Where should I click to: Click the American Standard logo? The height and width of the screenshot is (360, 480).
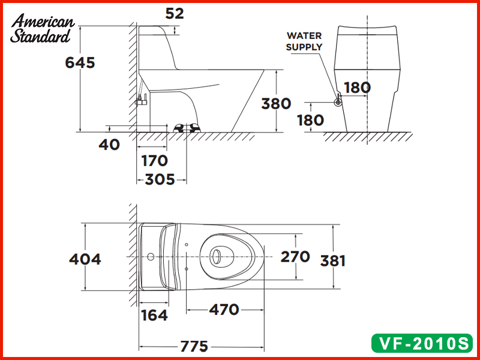(43, 29)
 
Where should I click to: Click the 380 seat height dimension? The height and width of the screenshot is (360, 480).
(276, 103)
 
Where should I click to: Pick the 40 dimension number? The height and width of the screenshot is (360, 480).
(109, 144)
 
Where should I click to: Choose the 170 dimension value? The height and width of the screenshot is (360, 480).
(154, 161)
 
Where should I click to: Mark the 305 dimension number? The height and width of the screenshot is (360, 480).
(160, 179)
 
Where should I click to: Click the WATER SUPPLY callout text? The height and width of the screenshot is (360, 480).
(304, 41)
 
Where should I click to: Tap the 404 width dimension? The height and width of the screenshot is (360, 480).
(85, 259)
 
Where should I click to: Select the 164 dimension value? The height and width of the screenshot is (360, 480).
(154, 315)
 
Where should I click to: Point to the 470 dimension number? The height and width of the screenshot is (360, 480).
(224, 310)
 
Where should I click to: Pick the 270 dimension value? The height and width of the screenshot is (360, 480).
(296, 257)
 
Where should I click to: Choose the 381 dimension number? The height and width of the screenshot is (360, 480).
(332, 260)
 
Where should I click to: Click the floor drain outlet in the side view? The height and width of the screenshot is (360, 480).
(186, 127)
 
